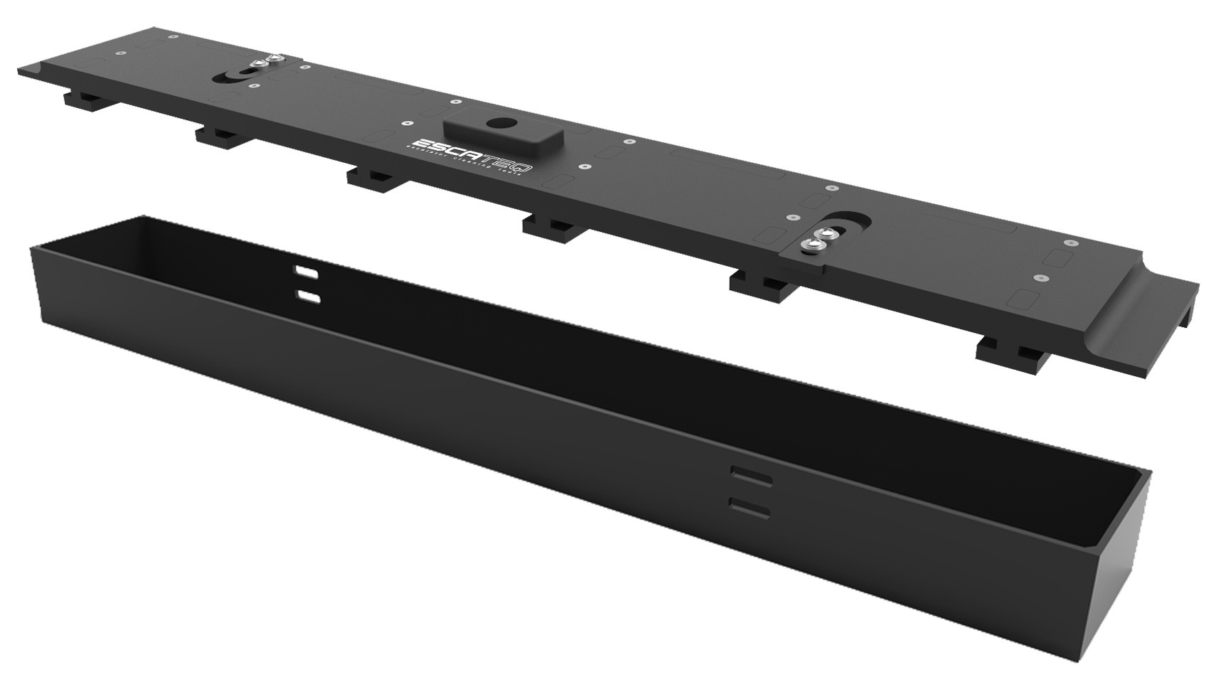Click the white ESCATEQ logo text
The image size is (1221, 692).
pyautogui.click(x=470, y=151)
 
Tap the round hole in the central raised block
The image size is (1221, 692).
pyautogui.click(x=492, y=123)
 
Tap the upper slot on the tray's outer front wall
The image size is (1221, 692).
pyautogui.click(x=751, y=477)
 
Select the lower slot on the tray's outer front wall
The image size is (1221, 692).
pyautogui.click(x=750, y=506)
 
